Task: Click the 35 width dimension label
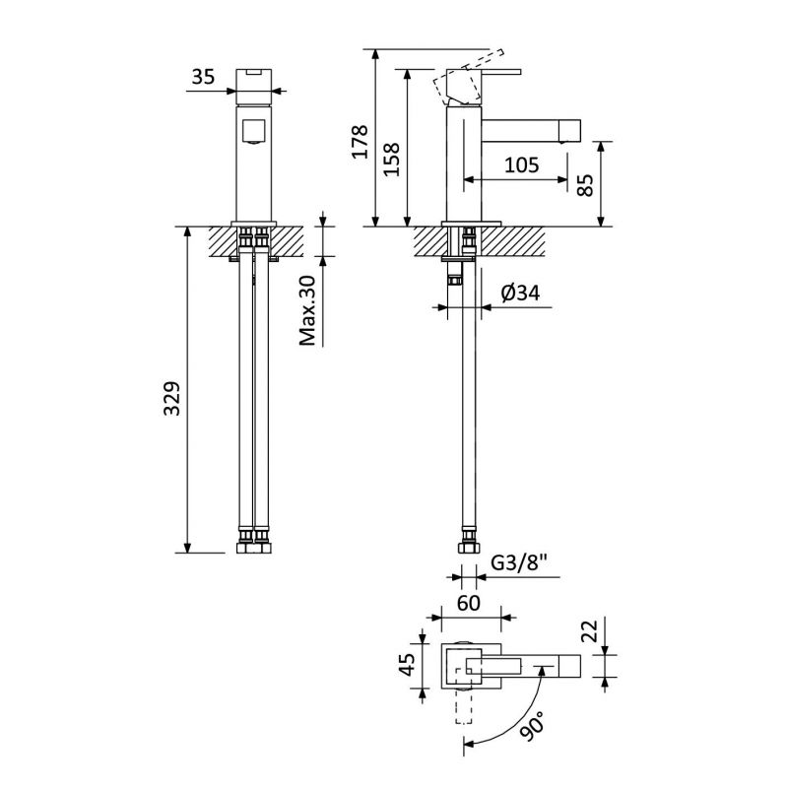coord(203,77)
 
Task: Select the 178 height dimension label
coord(360,142)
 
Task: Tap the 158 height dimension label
coord(391,160)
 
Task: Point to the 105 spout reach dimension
coord(521,164)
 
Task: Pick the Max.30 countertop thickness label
coord(307,310)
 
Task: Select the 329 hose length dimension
coord(171,399)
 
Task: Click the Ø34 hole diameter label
coord(521,293)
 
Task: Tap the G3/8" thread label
coord(518,563)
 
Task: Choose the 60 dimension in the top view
coord(469,603)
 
